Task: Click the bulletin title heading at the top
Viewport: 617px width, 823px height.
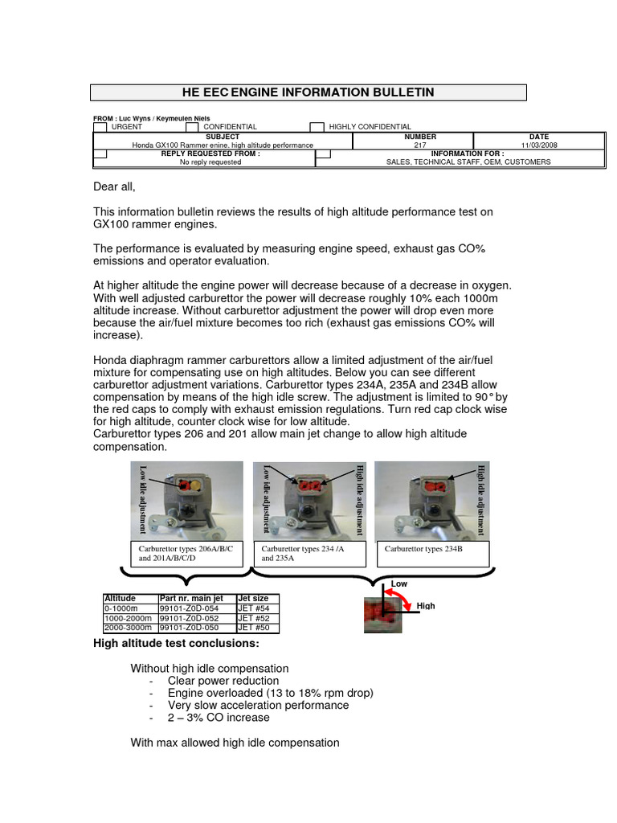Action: pyautogui.click(x=308, y=92)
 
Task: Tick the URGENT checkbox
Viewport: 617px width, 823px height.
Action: pyautogui.click(x=100, y=127)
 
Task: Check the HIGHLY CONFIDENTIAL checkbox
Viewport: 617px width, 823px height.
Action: pyautogui.click(x=317, y=127)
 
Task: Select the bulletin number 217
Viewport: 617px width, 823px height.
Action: pyautogui.click(x=420, y=145)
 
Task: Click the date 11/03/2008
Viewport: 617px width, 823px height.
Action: pyautogui.click(x=538, y=145)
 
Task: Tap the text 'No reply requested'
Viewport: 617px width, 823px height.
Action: pyautogui.click(x=210, y=162)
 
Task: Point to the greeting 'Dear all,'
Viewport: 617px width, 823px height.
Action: pyautogui.click(x=115, y=187)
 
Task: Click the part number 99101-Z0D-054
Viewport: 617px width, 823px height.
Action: pyautogui.click(x=190, y=608)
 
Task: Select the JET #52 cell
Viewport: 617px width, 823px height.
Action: pyautogui.click(x=253, y=618)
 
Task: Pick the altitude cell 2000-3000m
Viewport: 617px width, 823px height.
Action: pyautogui.click(x=129, y=628)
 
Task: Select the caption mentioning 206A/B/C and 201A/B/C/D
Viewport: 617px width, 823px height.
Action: pyautogui.click(x=186, y=553)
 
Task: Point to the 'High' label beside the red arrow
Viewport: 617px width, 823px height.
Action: pyautogui.click(x=425, y=606)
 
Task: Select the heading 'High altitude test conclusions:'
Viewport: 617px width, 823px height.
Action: pyautogui.click(x=175, y=644)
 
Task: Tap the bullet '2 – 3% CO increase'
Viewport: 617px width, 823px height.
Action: pyautogui.click(x=219, y=717)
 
